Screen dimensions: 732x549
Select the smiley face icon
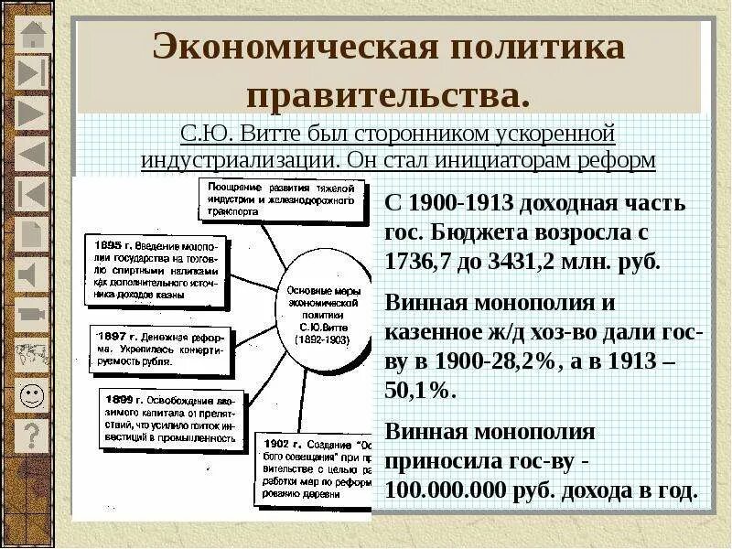(32, 395)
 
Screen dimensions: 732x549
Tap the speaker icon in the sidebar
(32, 273)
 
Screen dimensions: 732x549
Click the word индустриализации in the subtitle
(241, 159)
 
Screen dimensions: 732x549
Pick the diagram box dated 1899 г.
(168, 420)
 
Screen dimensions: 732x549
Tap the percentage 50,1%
(420, 389)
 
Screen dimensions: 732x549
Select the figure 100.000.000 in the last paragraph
(446, 490)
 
